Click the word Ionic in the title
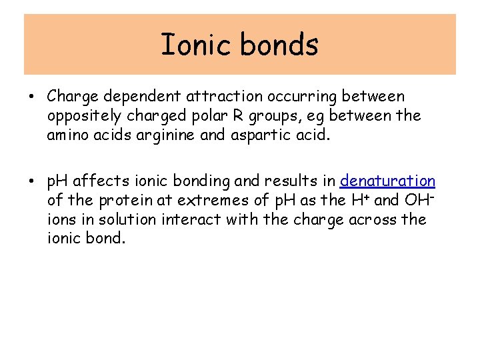[x=196, y=45]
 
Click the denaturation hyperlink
[x=387, y=181]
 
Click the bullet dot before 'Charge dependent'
[x=32, y=97]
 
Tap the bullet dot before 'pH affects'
[x=32, y=181]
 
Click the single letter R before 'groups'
[x=253, y=115]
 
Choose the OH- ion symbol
[x=419, y=199]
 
